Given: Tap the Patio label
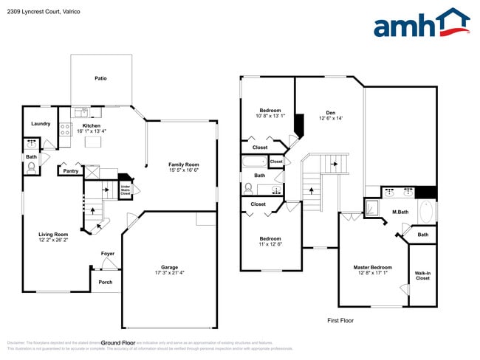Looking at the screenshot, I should [101, 77].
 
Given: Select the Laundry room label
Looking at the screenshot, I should [41, 123].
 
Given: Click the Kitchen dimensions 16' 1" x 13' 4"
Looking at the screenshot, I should [92, 131].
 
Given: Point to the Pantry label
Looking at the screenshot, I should [71, 171].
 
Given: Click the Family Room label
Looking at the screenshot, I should [184, 165].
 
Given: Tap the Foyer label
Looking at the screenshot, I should [108, 254].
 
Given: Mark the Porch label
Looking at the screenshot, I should [105, 281].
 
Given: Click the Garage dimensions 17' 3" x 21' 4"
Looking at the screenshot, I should [169, 274].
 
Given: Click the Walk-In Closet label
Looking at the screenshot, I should [422, 275].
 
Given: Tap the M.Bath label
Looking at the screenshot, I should [400, 212].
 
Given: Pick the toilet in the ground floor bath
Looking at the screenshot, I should [31, 168].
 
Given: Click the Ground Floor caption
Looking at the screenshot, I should [117, 343].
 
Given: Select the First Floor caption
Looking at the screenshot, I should [342, 321].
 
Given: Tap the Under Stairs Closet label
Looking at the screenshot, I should [126, 191].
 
